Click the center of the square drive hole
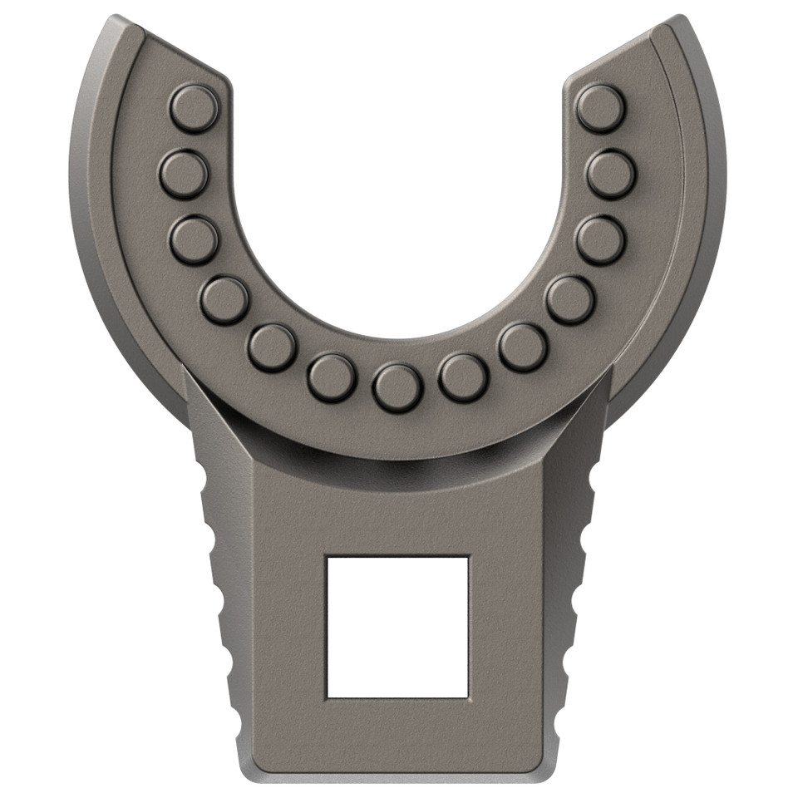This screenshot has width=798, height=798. [397, 627]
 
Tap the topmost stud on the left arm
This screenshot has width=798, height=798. [194, 108]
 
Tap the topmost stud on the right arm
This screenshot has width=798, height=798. [600, 108]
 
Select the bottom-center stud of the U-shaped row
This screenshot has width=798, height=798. [397, 388]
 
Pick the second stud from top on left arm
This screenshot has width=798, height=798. [183, 174]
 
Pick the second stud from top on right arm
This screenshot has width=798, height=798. [611, 174]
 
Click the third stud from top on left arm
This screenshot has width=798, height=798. [194, 239]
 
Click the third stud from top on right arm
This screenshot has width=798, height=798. [600, 239]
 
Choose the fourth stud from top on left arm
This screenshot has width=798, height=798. [224, 300]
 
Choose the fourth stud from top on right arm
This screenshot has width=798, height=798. [570, 300]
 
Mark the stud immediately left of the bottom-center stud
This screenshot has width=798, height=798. [332, 378]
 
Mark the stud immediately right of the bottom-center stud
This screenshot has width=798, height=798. [463, 378]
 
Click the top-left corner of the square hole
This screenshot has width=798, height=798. [328, 557]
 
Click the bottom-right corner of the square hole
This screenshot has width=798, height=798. [468, 697]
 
